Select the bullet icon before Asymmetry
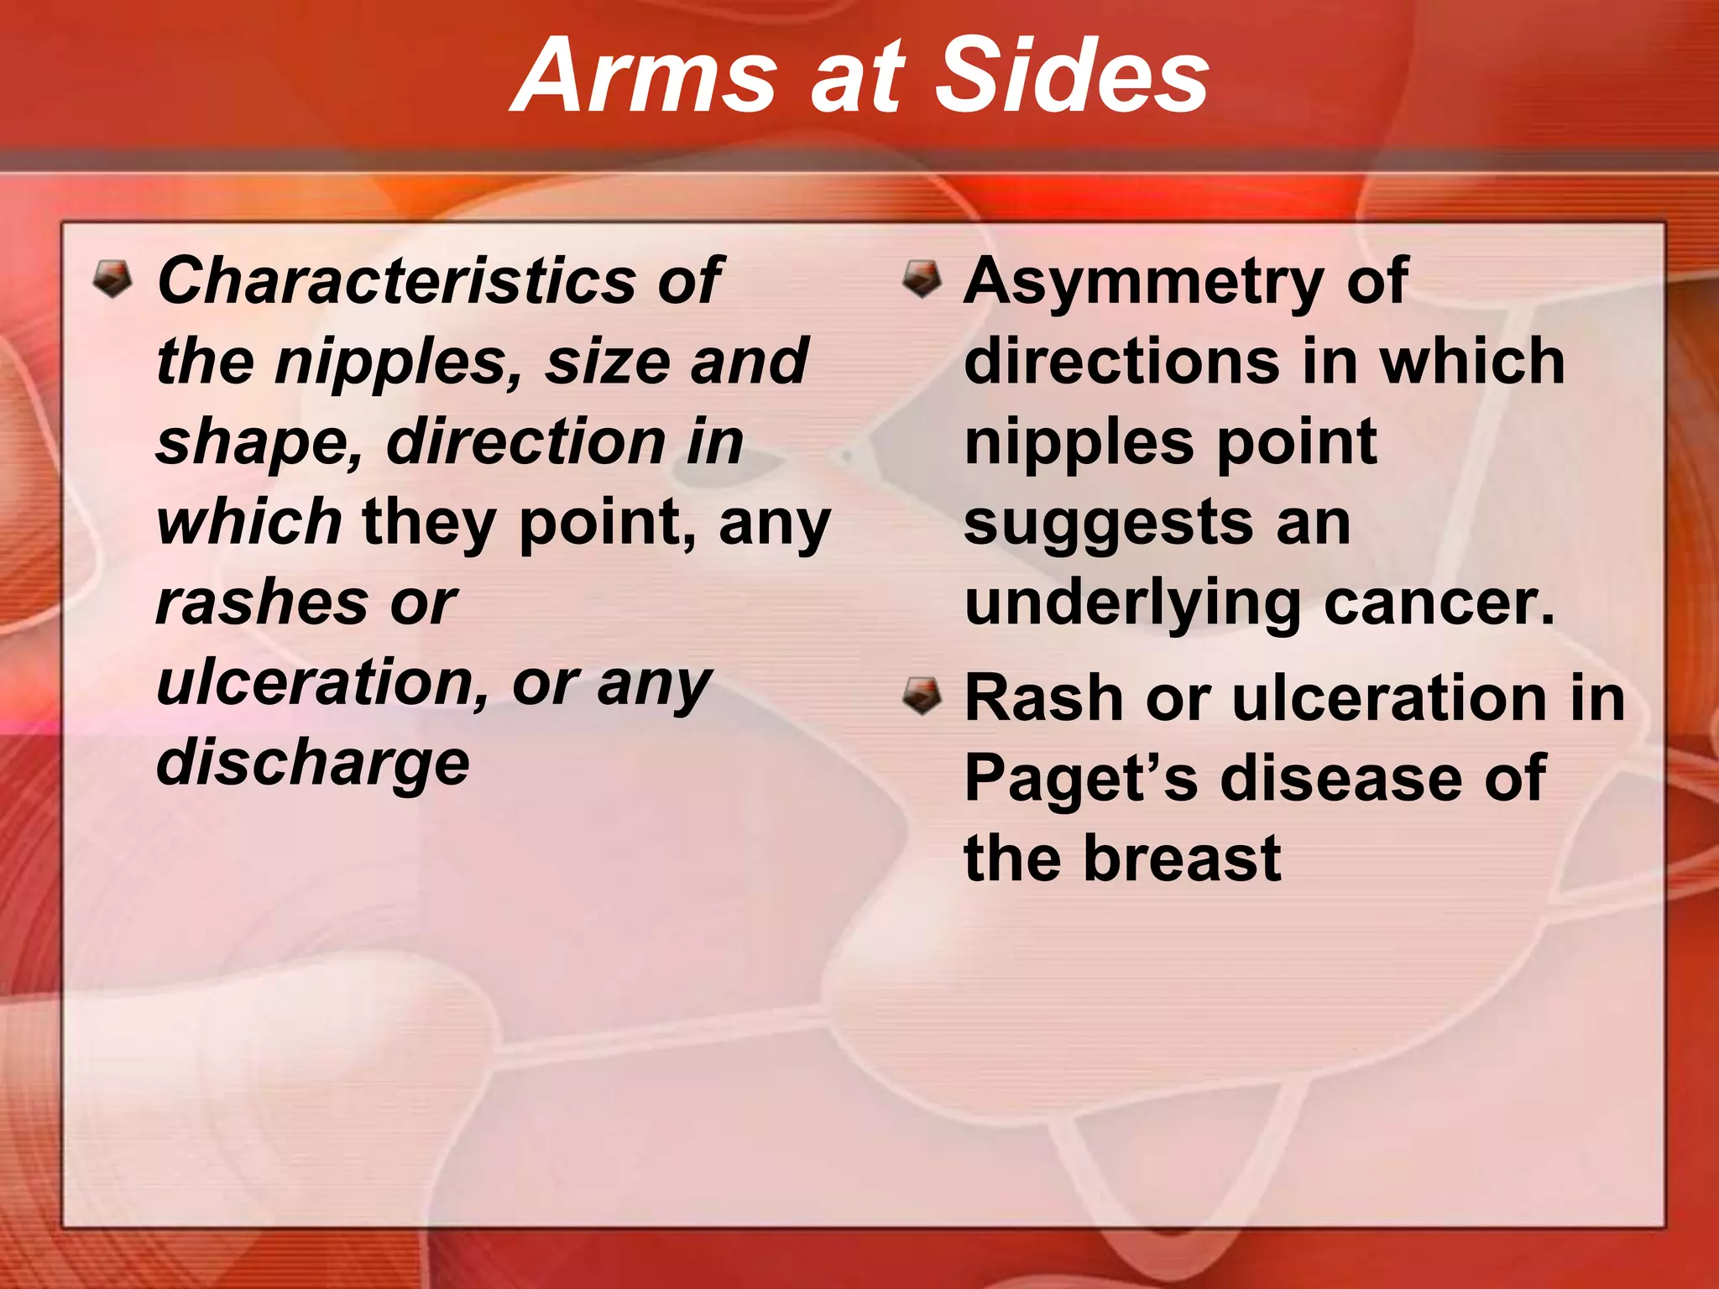(x=922, y=279)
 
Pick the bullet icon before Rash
(x=922, y=697)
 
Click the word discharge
(x=313, y=764)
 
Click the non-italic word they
(x=429, y=524)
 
